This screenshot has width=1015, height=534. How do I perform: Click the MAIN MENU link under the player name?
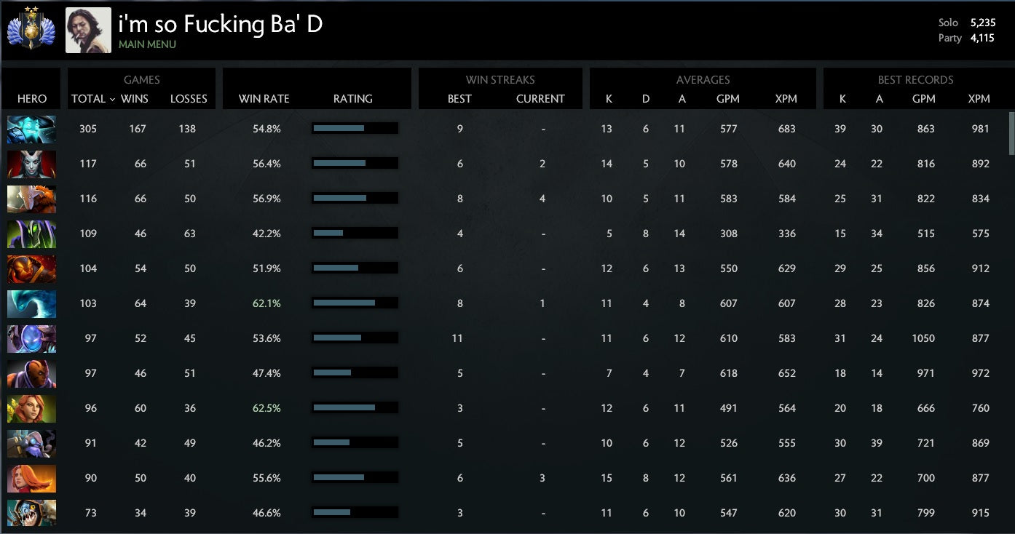[x=147, y=44]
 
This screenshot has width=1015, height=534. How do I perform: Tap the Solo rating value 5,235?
[x=982, y=23]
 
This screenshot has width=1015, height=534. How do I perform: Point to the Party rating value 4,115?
[x=982, y=38]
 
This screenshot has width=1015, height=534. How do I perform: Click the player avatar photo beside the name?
[x=88, y=31]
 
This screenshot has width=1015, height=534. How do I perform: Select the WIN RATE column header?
[x=264, y=99]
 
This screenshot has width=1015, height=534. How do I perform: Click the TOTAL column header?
[x=89, y=99]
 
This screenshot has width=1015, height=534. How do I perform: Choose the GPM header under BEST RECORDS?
[x=923, y=99]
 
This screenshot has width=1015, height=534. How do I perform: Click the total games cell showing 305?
[x=88, y=129]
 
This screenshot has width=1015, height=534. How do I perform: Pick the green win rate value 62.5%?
[x=266, y=408]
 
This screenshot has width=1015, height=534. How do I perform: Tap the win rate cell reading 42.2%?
[x=266, y=234]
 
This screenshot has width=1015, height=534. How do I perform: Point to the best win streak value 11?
[x=457, y=338]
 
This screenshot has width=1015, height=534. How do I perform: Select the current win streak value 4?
[x=542, y=199]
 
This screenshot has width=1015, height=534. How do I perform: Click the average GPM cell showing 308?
[x=728, y=234]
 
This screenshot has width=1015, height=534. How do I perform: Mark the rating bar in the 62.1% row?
[x=354, y=303]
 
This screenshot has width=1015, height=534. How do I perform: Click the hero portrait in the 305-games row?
[x=31, y=129]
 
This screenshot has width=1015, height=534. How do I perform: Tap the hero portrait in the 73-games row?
[x=31, y=513]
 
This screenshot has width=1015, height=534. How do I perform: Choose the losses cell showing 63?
[x=190, y=234]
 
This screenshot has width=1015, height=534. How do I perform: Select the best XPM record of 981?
[x=980, y=129]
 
